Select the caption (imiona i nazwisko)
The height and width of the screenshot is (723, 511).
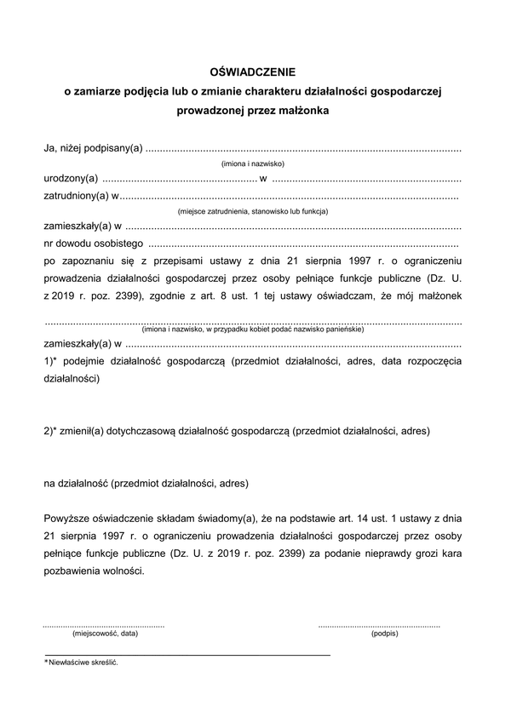pos(252,164)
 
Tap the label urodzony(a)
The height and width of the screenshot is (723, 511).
pos(72,179)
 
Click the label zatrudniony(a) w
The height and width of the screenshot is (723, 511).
pos(82,196)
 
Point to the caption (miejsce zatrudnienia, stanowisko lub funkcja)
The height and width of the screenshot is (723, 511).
pos(253,211)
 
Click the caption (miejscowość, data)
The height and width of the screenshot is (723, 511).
pos(105,634)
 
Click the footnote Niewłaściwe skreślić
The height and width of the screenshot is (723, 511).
pos(83,663)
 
